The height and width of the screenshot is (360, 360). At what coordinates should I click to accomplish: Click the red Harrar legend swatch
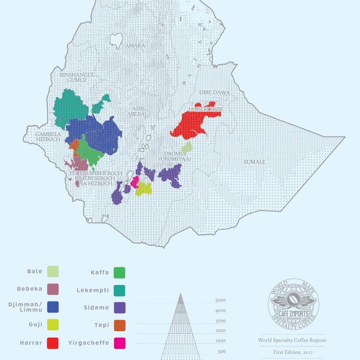[53, 343]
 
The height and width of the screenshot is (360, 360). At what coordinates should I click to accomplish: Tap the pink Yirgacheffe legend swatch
[120, 343]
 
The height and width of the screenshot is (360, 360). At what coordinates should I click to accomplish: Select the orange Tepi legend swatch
[120, 325]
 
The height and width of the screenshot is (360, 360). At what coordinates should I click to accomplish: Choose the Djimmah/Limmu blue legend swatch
[53, 307]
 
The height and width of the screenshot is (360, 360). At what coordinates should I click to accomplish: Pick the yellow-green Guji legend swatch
[53, 325]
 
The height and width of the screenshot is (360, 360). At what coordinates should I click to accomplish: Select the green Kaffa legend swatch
[120, 273]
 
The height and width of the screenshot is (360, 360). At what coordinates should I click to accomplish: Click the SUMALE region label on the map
[254, 162]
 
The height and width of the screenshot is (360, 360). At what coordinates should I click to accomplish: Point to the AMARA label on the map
[134, 46]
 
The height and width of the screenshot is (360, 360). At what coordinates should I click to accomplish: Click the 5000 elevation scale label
[220, 300]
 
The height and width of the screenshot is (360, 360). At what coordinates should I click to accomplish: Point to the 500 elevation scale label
[222, 351]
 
